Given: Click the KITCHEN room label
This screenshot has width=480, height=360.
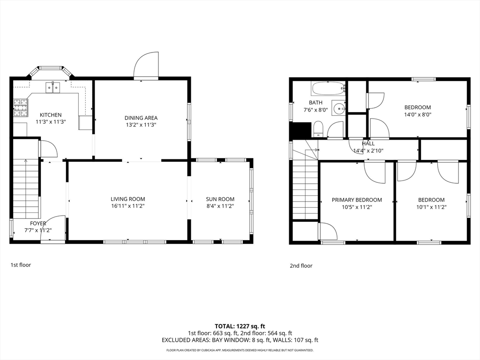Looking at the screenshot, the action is tap(51, 115).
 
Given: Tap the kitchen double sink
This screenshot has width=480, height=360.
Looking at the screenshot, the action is tap(53, 88).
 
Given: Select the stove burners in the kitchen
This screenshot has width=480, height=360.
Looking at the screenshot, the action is tap(20, 107).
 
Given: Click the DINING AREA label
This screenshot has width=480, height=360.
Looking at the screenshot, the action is tap(141, 118).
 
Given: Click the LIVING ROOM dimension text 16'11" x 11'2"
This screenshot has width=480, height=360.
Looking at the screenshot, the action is tap(127, 206).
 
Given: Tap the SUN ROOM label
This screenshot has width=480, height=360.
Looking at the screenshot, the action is tap(220, 199).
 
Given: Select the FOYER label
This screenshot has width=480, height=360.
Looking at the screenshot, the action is tap(38, 224).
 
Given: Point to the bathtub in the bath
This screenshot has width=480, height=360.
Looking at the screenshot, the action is tap(328, 89).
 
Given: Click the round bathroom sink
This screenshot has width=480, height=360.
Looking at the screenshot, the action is tap(339, 108).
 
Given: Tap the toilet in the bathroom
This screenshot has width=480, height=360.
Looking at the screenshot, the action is tap(318, 129).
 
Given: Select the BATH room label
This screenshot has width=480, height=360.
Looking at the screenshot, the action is tap(315, 103).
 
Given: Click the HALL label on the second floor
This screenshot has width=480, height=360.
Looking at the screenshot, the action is tap(368, 143).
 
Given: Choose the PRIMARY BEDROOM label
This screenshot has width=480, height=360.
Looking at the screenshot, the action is tap(357, 200).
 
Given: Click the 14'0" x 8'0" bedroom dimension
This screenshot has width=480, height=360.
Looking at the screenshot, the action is tap(418, 115).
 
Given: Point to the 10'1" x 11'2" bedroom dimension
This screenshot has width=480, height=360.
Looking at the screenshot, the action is tap(431, 207).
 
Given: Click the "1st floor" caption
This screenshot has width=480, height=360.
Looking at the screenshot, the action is tap(21, 265).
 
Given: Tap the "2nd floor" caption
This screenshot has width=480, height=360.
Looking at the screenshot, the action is tap(301, 266).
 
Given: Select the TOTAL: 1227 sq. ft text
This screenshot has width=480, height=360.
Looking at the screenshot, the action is tap(240, 326).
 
